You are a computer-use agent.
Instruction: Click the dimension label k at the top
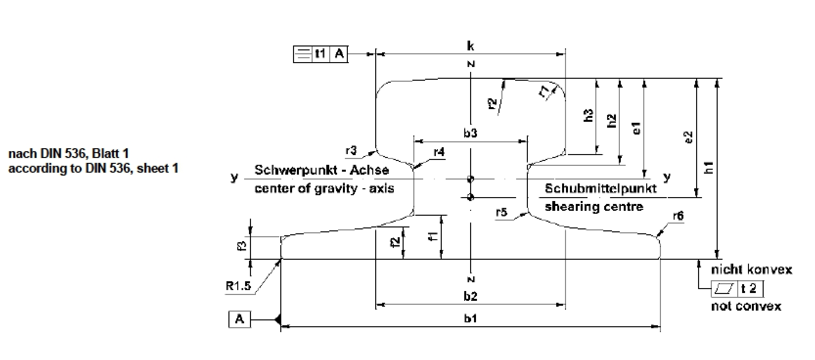[x=470, y=46]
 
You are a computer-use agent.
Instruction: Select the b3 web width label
[x=470, y=133]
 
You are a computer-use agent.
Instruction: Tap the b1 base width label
[x=471, y=318]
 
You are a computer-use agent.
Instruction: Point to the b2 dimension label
[x=471, y=296]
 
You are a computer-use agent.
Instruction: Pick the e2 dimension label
[x=689, y=137]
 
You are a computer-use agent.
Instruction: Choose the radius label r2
[x=493, y=103]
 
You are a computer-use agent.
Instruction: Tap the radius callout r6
[x=678, y=216]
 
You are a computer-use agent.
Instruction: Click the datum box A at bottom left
[x=240, y=320]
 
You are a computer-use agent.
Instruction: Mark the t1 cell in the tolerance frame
[x=320, y=54]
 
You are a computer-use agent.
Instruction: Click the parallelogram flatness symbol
[x=724, y=289]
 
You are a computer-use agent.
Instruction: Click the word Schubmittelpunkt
[x=601, y=188]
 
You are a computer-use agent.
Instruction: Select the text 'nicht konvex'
[x=751, y=270]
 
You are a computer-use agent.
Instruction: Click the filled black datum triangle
[x=277, y=320]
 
